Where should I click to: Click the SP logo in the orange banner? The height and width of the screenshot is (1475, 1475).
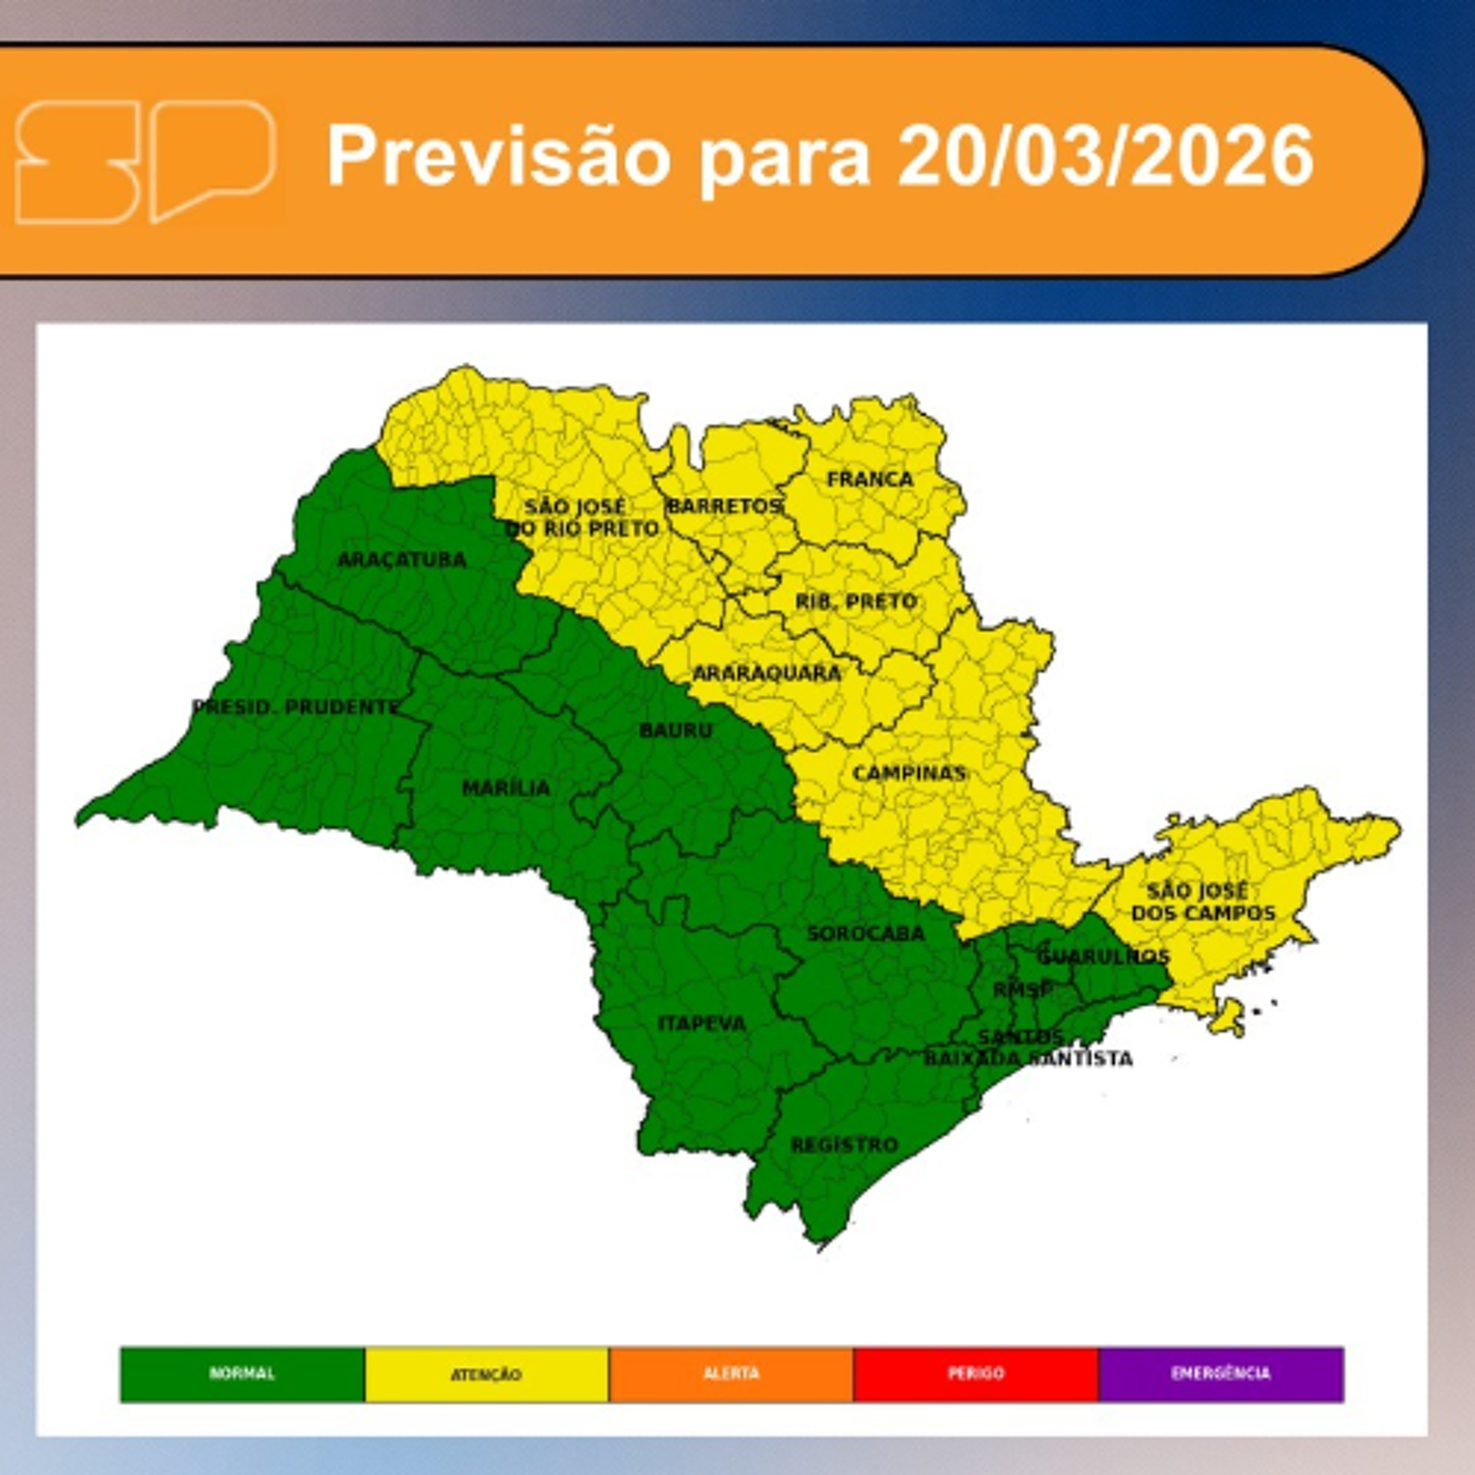145,161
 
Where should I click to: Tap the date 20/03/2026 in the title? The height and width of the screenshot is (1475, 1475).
1105,156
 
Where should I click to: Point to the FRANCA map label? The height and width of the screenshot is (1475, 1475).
870,479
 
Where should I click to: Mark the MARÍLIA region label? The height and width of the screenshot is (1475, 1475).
505,788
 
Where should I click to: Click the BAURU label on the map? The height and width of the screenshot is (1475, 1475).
676,731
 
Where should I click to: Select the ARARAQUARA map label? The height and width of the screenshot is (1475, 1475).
766,674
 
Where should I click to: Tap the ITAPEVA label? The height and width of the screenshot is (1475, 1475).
702,1023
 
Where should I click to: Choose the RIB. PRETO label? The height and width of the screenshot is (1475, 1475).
855,602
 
